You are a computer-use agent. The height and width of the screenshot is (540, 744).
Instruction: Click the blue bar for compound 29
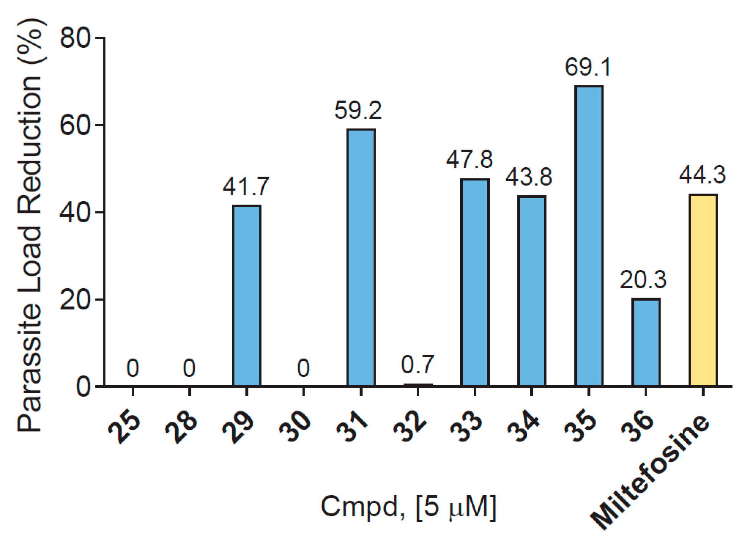pos(247,296)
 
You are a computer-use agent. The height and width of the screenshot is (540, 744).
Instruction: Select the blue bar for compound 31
pos(361,257)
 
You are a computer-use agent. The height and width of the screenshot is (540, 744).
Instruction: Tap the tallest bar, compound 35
pos(589,236)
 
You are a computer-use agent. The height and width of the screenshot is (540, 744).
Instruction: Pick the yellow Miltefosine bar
pos(703,290)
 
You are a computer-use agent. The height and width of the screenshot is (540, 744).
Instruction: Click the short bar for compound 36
pos(646,342)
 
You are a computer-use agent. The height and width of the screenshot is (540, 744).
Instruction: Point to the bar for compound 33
pos(475,282)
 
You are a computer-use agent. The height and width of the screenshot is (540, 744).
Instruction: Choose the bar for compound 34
pos(532,291)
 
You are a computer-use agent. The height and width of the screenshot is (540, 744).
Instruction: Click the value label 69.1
pos(588,68)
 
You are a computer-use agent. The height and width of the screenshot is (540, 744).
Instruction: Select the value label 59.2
pos(358,110)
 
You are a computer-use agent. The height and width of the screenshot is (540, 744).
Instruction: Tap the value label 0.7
pos(417,364)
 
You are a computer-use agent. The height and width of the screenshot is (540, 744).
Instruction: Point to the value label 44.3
pos(702,175)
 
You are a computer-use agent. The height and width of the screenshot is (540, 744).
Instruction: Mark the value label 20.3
pos(643,280)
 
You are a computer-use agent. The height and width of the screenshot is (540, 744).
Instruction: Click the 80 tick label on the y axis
pos(75,38)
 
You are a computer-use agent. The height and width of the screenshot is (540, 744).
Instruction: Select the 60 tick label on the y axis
pos(75,126)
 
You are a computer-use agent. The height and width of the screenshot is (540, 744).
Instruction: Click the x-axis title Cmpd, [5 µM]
pos(408,507)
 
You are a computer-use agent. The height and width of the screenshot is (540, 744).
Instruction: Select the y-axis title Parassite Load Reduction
pos(30,225)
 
